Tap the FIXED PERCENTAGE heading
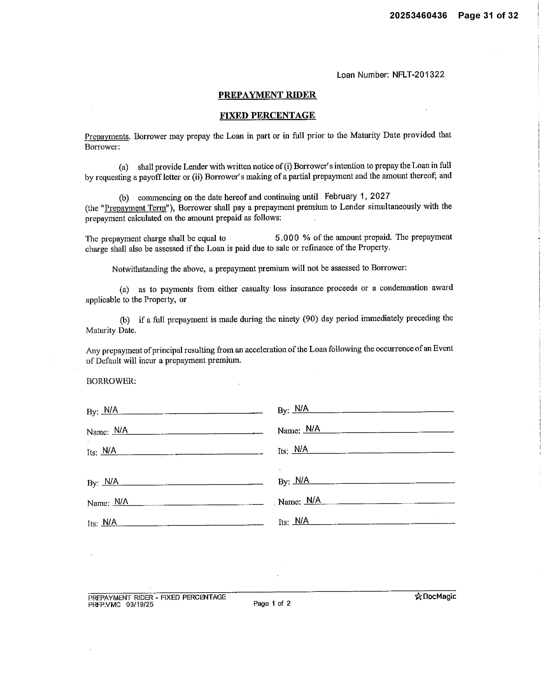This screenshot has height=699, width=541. point(267,115)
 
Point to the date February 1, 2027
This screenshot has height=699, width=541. point(357,196)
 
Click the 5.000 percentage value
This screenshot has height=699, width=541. point(287,238)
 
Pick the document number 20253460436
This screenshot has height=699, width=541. point(418,15)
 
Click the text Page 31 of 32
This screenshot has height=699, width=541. point(488,15)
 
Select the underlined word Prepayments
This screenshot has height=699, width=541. point(107,137)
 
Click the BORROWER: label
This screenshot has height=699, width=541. point(111,381)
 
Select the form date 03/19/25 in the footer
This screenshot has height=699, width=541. point(140,605)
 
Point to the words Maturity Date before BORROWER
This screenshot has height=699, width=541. point(111,330)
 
